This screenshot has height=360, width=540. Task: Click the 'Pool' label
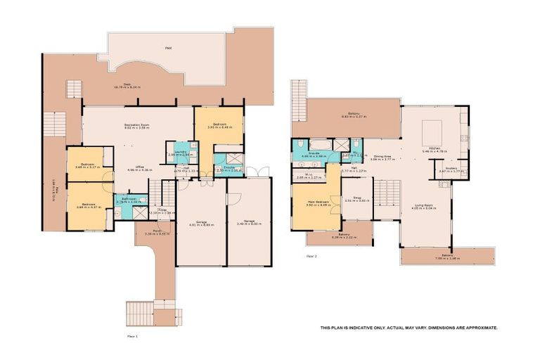tap(167, 49)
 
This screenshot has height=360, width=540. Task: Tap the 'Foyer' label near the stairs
tap(162, 209)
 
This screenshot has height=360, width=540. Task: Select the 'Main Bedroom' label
tap(318, 202)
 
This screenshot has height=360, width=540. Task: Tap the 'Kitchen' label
tap(430, 148)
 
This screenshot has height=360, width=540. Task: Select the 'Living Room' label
tap(425, 205)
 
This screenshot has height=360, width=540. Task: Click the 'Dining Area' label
tap(383, 157)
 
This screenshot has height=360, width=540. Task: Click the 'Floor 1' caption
tap(132, 337)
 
